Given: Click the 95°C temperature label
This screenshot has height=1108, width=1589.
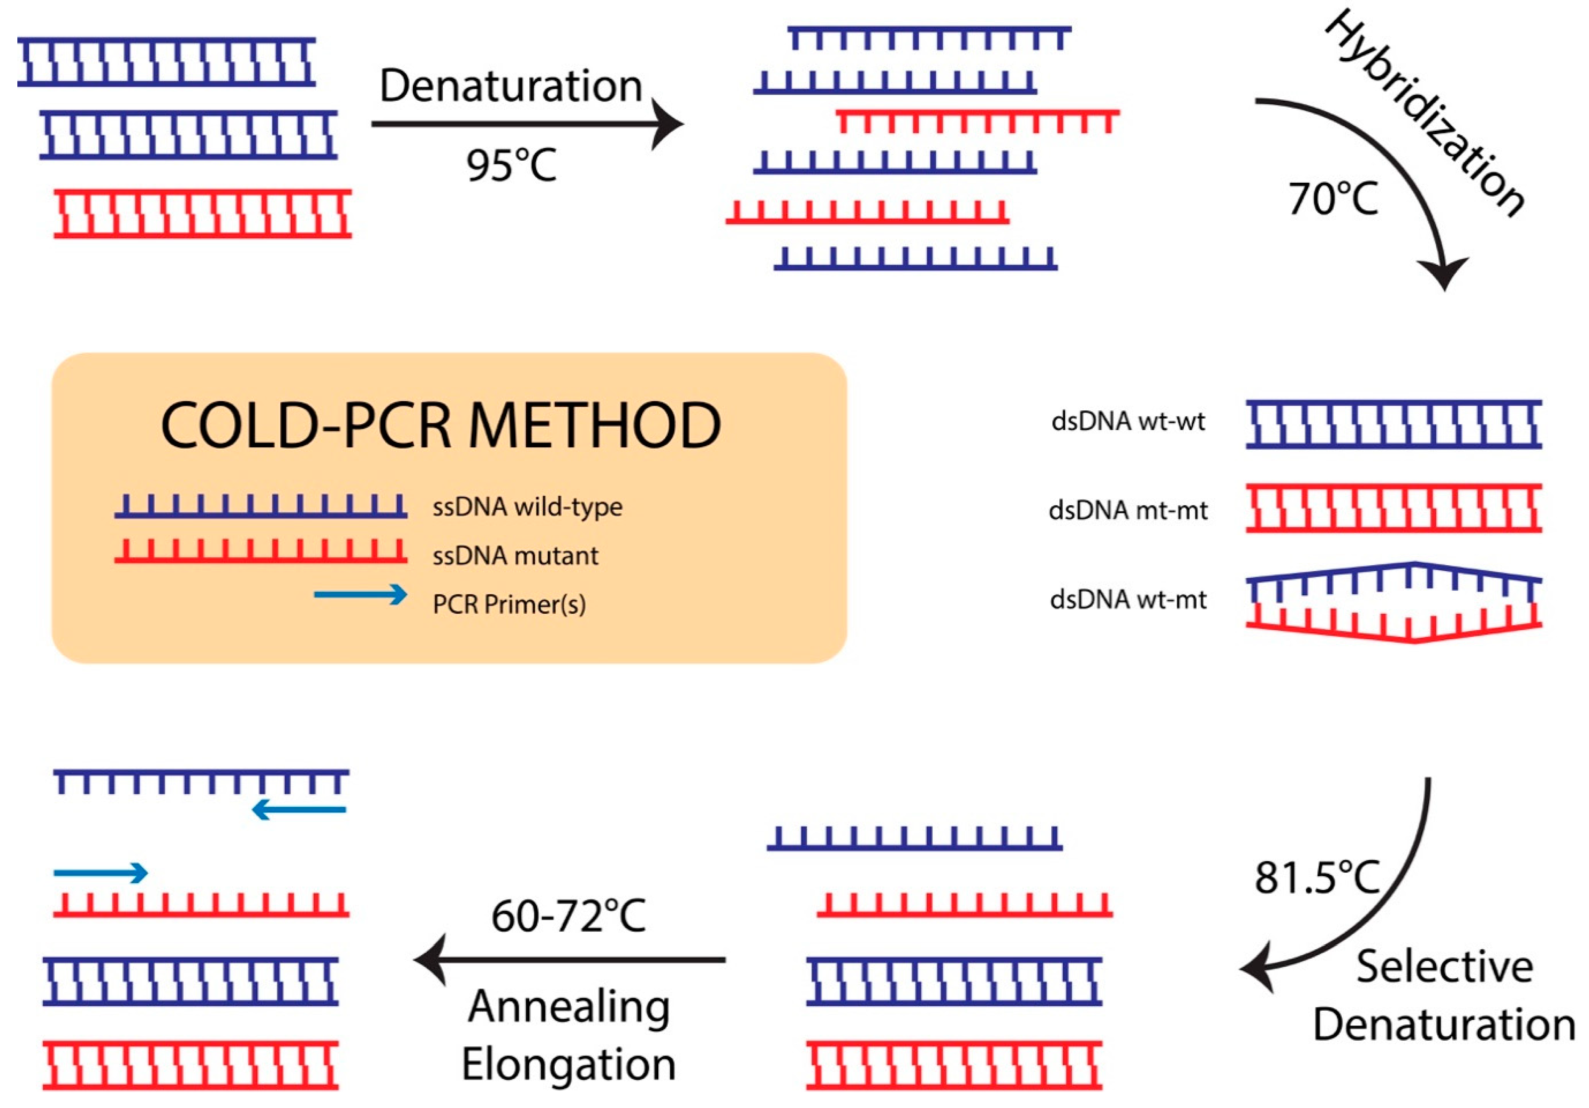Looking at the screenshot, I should point(511,165).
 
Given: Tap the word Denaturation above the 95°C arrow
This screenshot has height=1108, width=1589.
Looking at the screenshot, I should point(511,86).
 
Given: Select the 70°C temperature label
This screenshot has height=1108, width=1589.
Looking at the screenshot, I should point(1333,199).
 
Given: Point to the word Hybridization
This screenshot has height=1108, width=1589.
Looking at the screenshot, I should point(1426,114).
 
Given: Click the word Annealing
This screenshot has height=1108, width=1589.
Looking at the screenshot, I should point(569,1006).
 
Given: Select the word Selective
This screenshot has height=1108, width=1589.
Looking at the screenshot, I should point(1444,967).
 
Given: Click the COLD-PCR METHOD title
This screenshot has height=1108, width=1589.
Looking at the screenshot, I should point(441,425).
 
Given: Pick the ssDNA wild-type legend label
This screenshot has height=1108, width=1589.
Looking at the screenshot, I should point(528,507).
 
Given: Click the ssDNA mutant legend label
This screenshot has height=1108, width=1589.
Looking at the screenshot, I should point(516,556).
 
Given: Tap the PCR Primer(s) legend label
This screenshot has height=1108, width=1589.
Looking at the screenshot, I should point(509,605).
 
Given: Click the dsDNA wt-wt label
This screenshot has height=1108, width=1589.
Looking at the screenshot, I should point(1128,421).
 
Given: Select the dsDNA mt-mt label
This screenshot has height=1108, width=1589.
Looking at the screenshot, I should point(1128,511).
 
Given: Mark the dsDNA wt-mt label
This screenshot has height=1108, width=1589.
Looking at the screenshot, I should point(1128,599).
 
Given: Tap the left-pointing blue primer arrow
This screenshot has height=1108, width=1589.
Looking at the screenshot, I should point(298,810).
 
